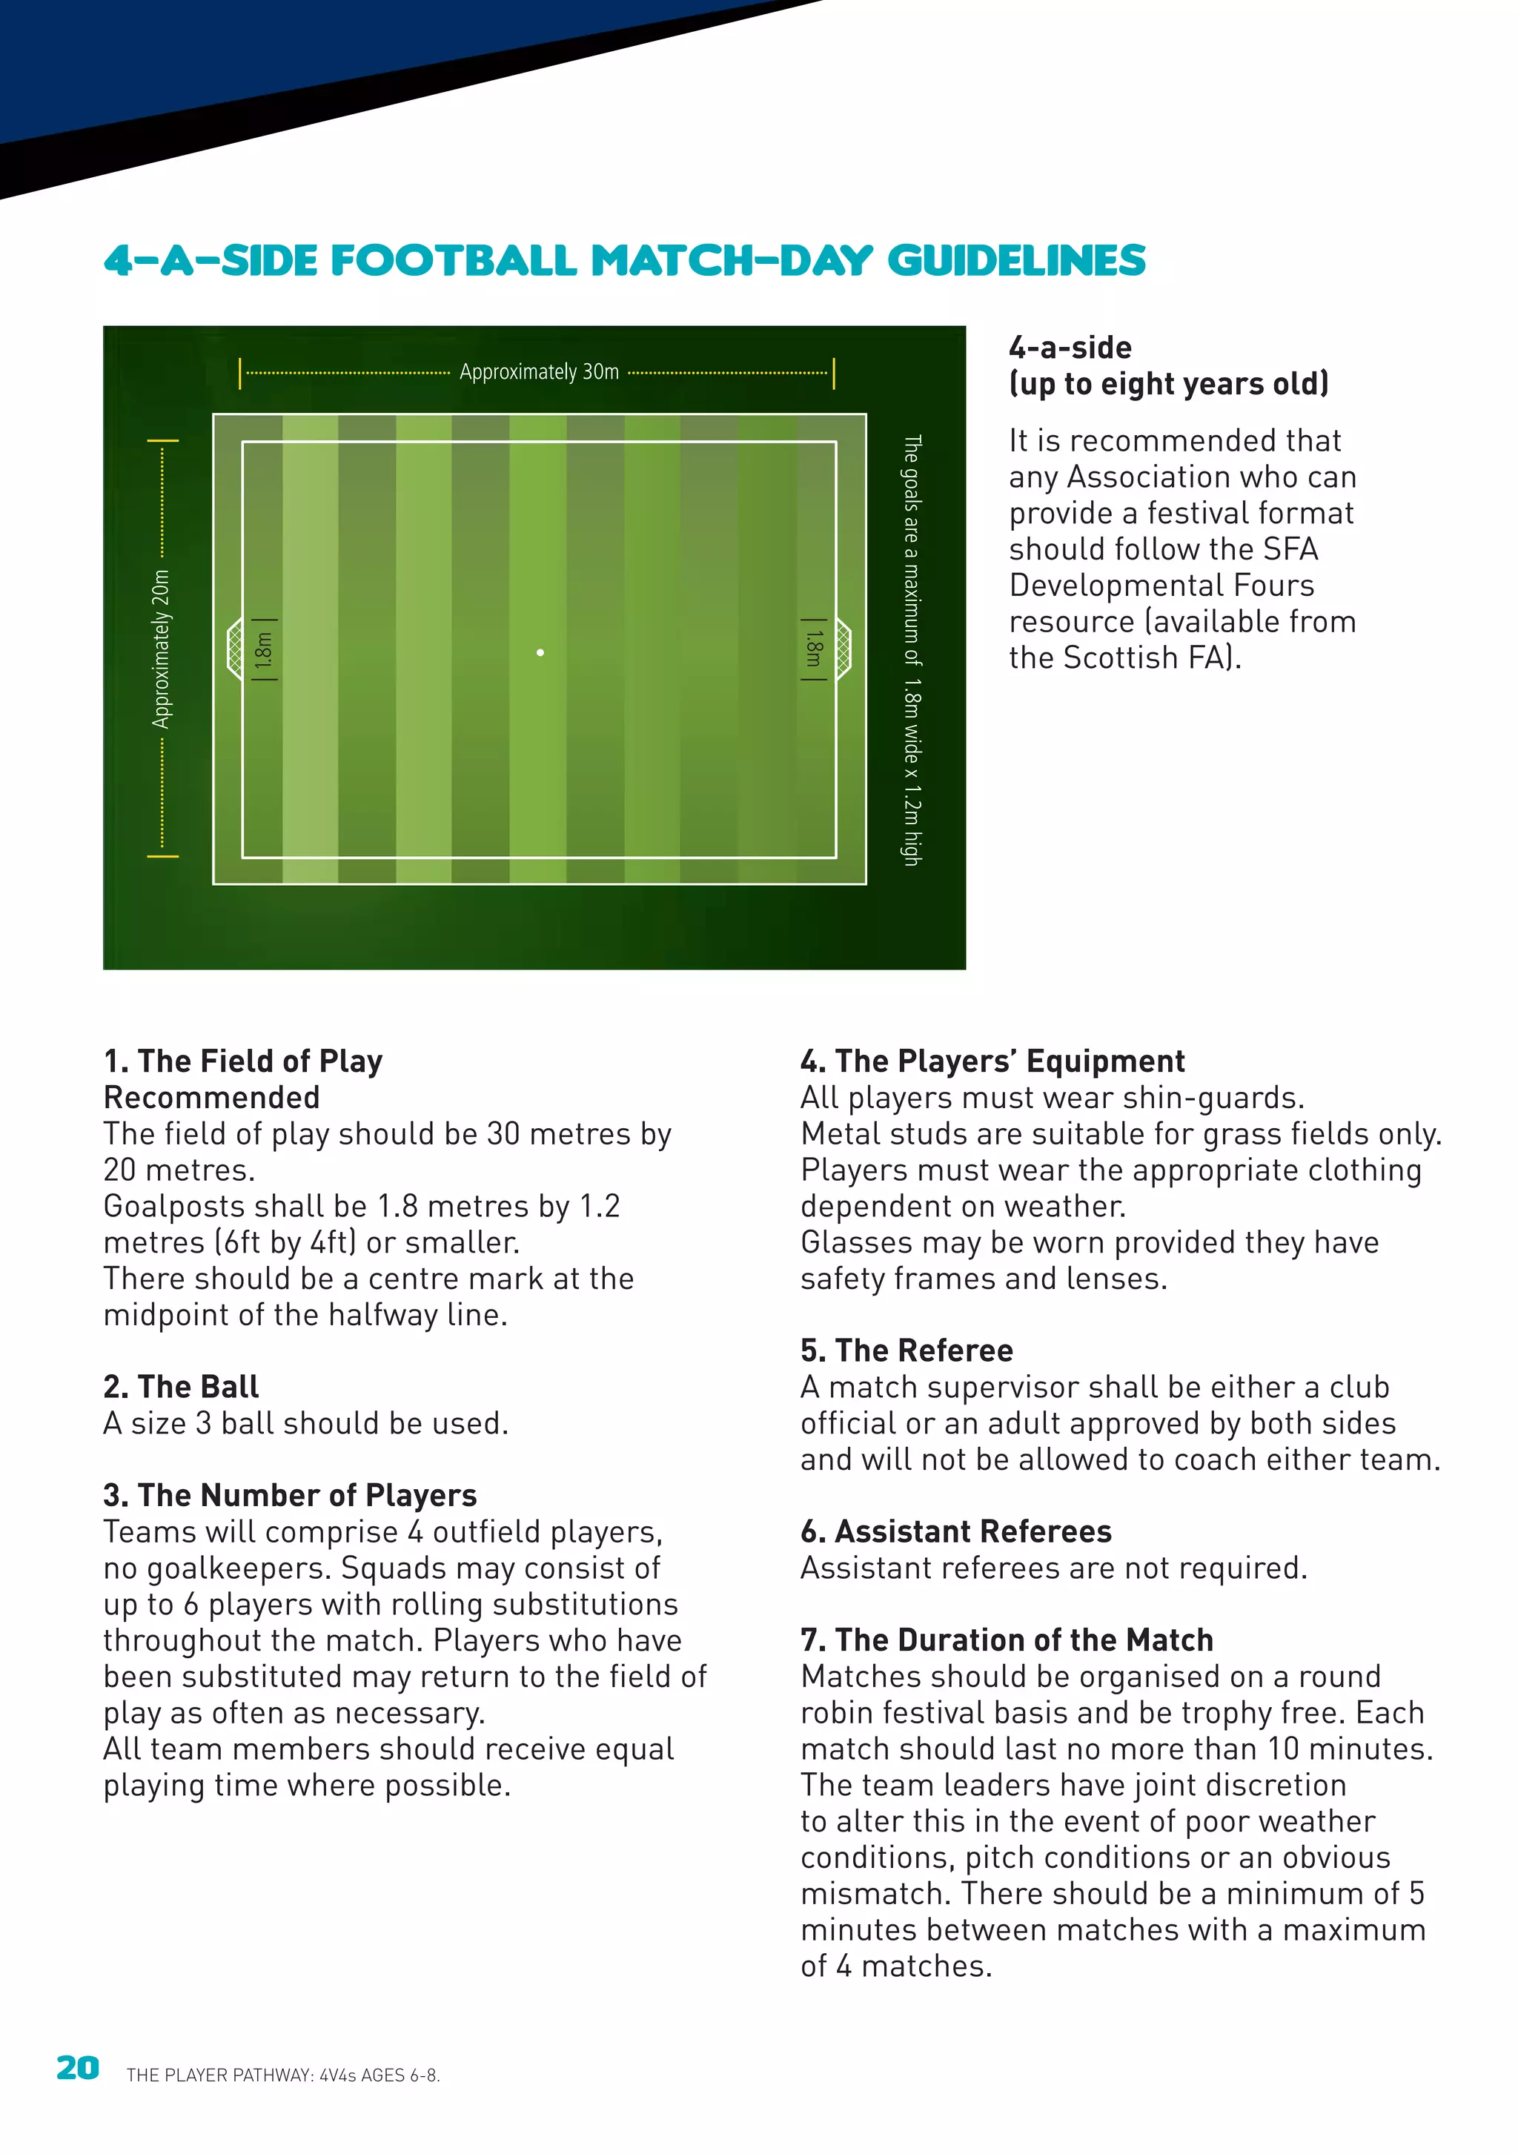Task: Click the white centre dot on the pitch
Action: tap(540, 652)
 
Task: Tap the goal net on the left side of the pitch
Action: tap(234, 649)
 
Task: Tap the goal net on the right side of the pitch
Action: tap(843, 649)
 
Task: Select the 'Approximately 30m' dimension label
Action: tap(539, 371)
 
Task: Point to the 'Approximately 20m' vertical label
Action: tap(162, 649)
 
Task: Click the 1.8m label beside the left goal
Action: tap(265, 649)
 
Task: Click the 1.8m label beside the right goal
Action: tap(813, 649)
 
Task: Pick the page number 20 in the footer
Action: tap(78, 2069)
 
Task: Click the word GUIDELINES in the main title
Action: tap(1016, 261)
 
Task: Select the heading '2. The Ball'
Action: tap(181, 1387)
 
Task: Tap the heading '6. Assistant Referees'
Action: tap(955, 1531)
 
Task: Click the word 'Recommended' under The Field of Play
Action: tap(211, 1097)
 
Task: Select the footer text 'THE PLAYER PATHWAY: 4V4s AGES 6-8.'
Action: tap(282, 2075)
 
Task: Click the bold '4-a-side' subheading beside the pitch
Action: tap(1070, 348)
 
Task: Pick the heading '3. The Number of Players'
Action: tap(290, 1495)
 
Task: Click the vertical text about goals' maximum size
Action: tap(911, 649)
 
